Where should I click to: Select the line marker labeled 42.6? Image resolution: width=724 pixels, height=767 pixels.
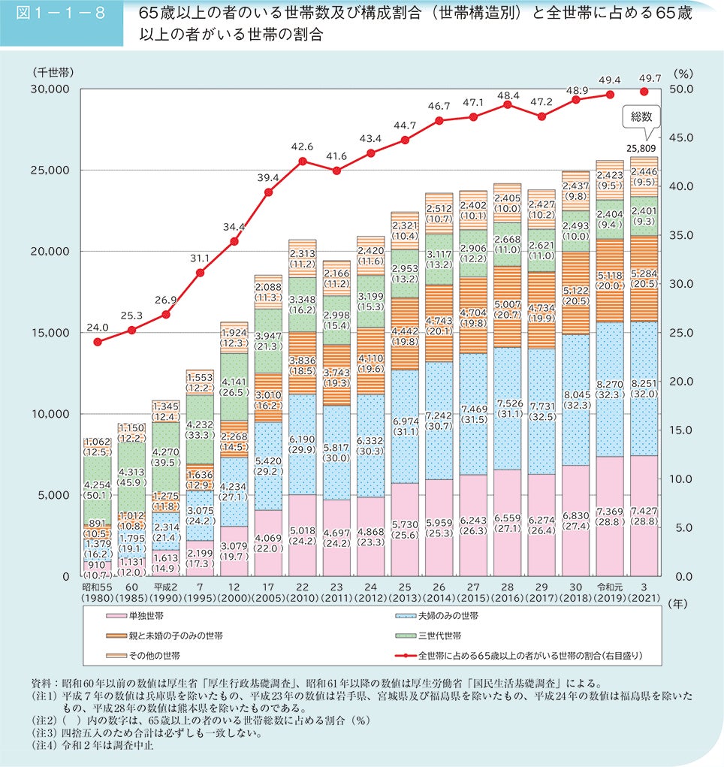[x=302, y=161]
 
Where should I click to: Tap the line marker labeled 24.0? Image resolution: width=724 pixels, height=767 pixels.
[x=98, y=342]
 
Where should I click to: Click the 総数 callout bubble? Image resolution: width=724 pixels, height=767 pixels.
[x=639, y=117]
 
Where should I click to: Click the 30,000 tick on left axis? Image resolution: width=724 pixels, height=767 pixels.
[x=50, y=89]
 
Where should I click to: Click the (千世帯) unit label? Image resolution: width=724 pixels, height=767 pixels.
[x=53, y=73]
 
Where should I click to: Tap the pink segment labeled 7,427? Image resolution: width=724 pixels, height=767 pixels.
[x=644, y=515]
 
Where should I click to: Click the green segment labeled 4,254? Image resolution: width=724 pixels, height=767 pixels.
[x=97, y=488]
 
